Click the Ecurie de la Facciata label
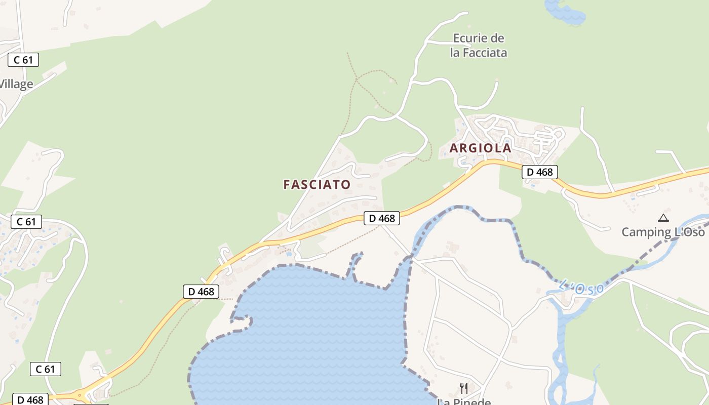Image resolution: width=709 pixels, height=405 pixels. click(478, 46)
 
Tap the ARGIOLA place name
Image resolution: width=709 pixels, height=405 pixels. click(480, 148)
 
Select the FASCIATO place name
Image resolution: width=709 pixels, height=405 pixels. click(317, 185)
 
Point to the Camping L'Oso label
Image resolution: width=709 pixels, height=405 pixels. click(663, 232)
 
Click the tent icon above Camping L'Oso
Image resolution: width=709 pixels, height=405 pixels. click(663, 218)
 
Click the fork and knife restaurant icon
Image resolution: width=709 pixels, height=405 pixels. click(463, 388)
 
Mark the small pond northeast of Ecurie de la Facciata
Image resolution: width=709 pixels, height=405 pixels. click(565, 12)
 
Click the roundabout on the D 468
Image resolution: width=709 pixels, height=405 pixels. click(79, 395)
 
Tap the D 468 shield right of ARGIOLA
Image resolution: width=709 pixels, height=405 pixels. click(539, 172)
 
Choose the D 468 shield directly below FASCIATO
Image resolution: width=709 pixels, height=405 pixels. click(381, 218)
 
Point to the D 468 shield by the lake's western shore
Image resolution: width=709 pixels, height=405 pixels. click(201, 292)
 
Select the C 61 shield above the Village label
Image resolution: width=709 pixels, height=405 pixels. click(23, 60)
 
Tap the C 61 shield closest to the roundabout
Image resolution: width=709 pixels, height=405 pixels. click(45, 369)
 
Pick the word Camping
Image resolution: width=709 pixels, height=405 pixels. click(646, 232)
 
